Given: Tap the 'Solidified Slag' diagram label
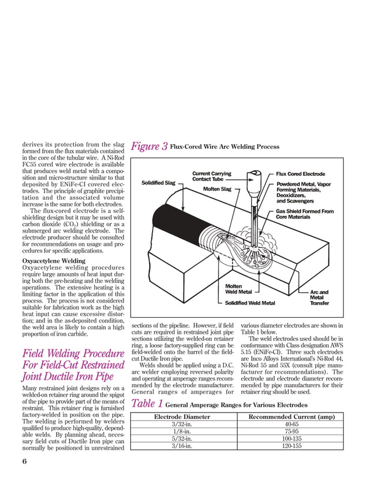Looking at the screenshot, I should coord(158,183).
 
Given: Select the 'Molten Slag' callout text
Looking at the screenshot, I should coord(217,189).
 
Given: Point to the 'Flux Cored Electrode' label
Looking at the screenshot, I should coord(300,174).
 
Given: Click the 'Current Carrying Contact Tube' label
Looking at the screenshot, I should coord(212,176).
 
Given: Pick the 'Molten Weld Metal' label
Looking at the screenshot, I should coord(238,289).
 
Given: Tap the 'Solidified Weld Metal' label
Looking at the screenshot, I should coord(250,303).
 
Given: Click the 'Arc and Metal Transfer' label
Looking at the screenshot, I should coord(319,297).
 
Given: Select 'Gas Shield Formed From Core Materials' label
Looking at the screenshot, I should coord(305,214).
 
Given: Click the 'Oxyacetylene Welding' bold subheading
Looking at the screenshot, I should coord(51,261).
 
